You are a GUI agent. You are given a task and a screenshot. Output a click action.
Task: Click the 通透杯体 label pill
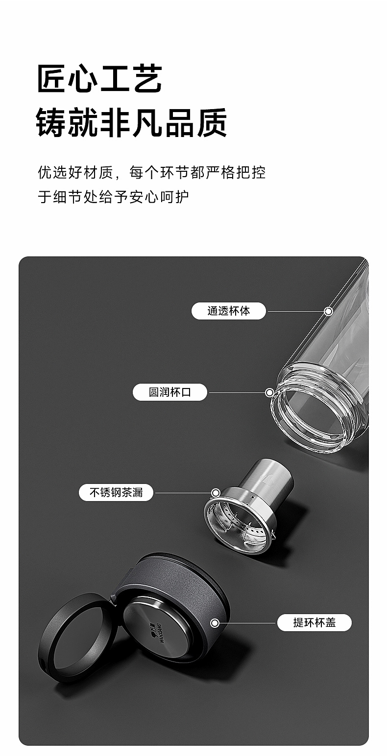[228, 311]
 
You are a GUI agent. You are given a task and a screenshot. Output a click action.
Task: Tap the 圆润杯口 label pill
[169, 392]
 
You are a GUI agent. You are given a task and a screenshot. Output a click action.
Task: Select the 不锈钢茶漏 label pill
[116, 492]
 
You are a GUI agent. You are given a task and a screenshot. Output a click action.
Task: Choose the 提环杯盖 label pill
[314, 622]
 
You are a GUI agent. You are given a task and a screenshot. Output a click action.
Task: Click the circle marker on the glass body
[328, 311]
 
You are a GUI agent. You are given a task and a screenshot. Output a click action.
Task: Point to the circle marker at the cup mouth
[269, 392]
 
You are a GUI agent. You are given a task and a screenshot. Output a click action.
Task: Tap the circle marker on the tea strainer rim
[216, 493]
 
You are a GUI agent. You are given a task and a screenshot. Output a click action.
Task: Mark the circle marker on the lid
[215, 623]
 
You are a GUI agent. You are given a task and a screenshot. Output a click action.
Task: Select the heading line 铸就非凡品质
[131, 122]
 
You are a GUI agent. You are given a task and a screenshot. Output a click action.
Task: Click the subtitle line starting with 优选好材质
[151, 172]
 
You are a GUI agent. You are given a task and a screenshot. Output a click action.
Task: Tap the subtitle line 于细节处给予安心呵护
[113, 197]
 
